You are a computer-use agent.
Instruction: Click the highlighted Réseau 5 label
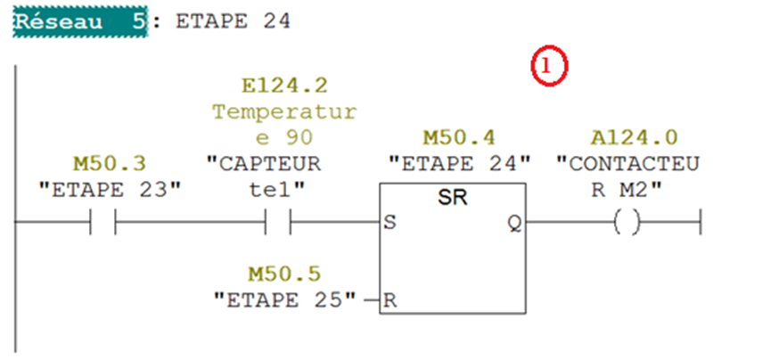[x=79, y=21]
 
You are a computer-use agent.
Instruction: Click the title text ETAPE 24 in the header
[x=234, y=21]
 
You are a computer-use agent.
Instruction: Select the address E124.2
[x=284, y=87]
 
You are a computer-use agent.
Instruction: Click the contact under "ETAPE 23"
[x=104, y=224]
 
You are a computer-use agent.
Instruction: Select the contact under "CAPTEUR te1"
[x=279, y=224]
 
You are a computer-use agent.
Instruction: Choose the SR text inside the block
[x=452, y=199]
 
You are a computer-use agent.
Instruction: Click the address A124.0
[x=634, y=138]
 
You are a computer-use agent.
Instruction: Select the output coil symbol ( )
[x=627, y=224]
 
